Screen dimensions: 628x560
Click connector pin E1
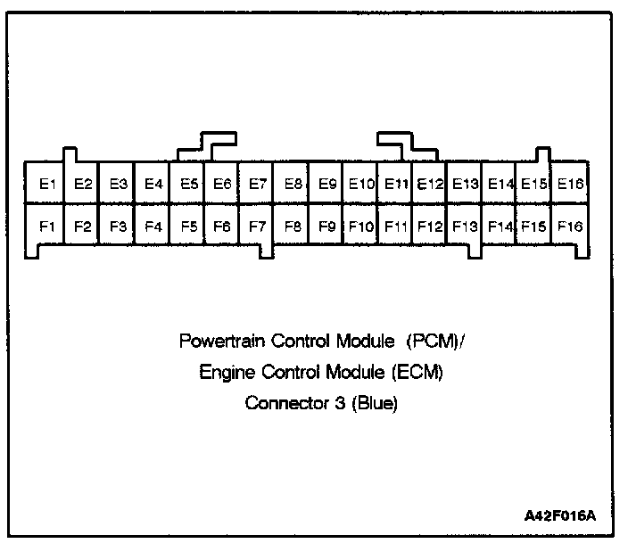pos(48,185)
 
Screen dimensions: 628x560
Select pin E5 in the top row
pos(188,185)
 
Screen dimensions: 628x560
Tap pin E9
pos(327,185)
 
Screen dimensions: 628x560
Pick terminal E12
pos(431,185)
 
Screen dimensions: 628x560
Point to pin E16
pos(570,185)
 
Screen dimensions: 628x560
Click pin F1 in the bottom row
pos(48,226)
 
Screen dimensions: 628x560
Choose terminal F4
pos(153,226)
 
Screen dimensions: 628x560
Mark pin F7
pos(258,226)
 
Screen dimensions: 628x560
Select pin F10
pos(361,226)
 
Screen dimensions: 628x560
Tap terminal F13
pos(466,226)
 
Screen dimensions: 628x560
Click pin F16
pos(570,226)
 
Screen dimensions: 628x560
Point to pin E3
pos(118,185)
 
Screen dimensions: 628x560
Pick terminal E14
pos(501,185)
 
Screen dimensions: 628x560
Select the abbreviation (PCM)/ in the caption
pos(434,342)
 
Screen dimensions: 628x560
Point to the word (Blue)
pos(374,403)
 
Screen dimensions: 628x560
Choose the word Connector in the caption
pos(282,403)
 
